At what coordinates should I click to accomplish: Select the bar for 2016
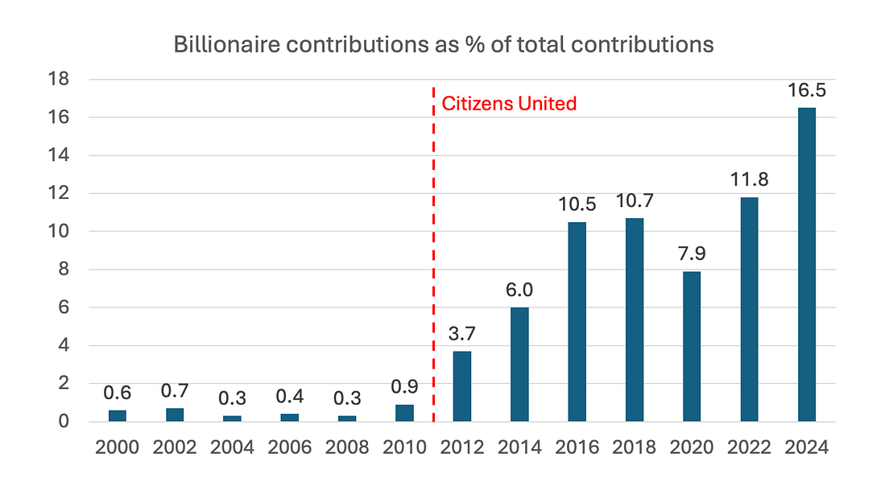tap(577, 321)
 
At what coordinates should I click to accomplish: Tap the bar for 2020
tap(692, 346)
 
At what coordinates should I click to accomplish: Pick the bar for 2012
tap(462, 386)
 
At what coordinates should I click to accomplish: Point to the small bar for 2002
tap(175, 415)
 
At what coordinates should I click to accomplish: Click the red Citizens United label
tap(509, 104)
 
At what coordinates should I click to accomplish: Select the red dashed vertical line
tap(434, 258)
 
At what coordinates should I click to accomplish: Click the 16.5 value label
tap(806, 89)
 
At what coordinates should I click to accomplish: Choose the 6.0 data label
tap(519, 288)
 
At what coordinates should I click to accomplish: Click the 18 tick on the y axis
tap(60, 79)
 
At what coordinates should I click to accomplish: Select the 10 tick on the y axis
tap(60, 231)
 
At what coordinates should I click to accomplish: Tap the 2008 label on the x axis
tap(346, 447)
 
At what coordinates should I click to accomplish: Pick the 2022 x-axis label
tap(749, 447)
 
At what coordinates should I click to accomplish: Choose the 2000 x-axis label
tap(118, 447)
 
